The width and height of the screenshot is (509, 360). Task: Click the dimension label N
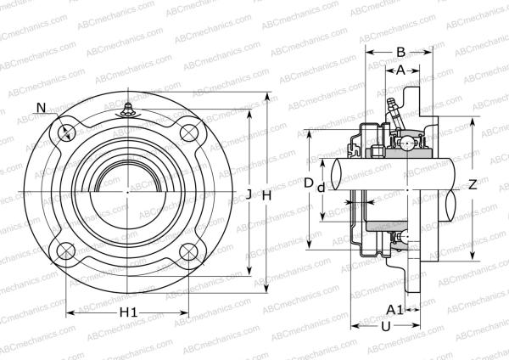(x=42, y=107)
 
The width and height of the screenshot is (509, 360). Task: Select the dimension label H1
(x=128, y=313)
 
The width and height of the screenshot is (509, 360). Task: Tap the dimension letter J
(x=249, y=194)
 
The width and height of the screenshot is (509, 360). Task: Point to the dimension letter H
(x=266, y=194)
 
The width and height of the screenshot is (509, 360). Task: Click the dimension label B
(x=400, y=51)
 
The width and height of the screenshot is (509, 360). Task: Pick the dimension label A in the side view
(x=400, y=71)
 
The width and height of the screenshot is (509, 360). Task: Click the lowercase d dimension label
(x=321, y=188)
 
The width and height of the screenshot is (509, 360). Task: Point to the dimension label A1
(x=394, y=309)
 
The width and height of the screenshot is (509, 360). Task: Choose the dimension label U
(x=385, y=326)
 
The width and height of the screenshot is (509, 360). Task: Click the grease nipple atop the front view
(x=127, y=108)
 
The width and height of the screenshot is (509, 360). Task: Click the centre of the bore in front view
(x=127, y=192)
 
